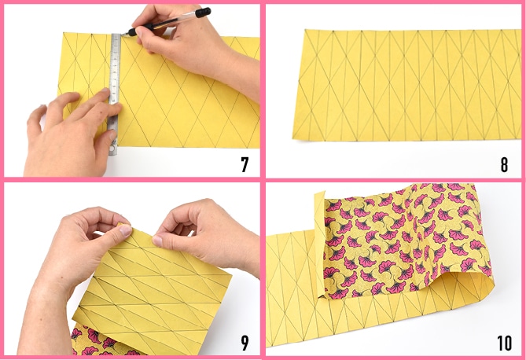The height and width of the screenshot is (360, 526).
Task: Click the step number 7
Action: pos(245,164)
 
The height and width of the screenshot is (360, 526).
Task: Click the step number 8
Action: pos(504,164)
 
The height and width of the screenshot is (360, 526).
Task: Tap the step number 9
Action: pos(245,343)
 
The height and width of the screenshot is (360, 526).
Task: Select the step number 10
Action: pos(504,343)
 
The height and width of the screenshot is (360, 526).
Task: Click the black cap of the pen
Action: pos(204,13)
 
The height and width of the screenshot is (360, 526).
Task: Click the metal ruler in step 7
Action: pos(114,94)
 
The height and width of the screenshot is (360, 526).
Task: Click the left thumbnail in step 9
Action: pos(126,230)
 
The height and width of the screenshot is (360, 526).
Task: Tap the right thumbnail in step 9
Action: pos(157,241)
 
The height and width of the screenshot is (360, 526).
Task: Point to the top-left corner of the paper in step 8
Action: pos(305,30)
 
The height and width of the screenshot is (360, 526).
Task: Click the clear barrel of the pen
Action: pos(175,21)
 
